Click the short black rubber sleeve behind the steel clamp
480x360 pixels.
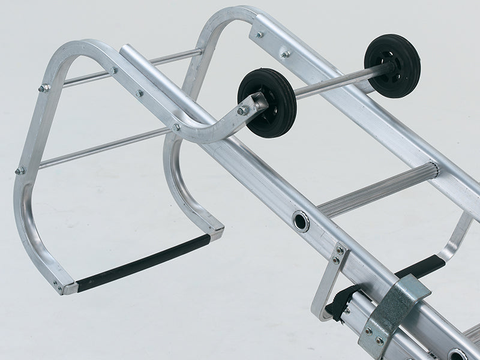pos(428,265)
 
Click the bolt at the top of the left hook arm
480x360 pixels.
pos(43,89)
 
